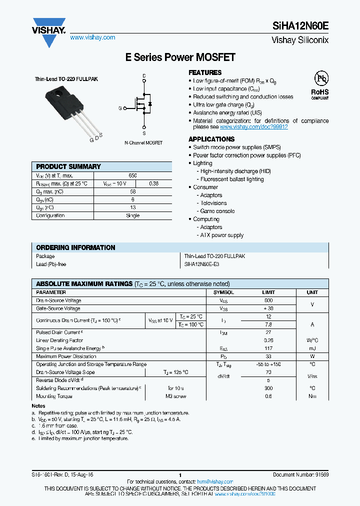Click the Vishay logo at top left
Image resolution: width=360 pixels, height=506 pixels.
tap(49, 31)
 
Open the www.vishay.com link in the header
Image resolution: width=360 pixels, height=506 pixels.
tap(92, 37)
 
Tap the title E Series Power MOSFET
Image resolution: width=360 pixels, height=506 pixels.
tap(180, 57)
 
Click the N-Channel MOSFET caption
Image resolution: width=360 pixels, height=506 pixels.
tap(143, 142)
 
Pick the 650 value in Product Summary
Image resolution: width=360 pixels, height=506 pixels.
tap(132, 175)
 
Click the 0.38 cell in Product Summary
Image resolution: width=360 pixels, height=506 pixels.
tap(154, 183)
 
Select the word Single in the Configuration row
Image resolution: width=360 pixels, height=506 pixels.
tap(132, 215)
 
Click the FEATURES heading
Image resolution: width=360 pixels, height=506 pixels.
tap(205, 72)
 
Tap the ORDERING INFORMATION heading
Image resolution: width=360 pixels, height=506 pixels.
tap(75, 247)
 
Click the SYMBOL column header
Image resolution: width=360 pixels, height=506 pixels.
tap(223, 292)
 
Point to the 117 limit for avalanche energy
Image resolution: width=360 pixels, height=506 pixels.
tap(268, 348)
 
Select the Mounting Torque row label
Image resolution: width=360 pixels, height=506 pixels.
tap(54, 396)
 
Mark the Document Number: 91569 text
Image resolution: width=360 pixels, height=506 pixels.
tap(300, 474)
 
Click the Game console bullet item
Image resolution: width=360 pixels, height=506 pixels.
tap(217, 211)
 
